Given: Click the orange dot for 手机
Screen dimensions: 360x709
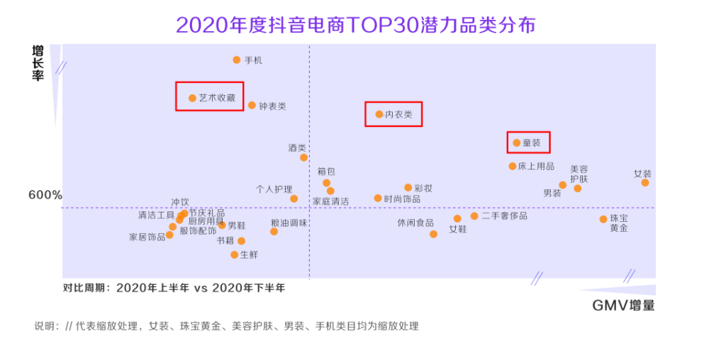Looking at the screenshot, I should pos(237,60).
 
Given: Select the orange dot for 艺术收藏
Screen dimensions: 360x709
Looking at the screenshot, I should pos(192,98).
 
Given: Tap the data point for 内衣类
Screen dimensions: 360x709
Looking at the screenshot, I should pos(379,114).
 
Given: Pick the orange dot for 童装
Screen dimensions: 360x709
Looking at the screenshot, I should pos(517,143).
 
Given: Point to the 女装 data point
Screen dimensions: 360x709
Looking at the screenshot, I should pos(645,183).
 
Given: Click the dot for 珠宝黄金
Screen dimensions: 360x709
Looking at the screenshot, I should pos(603,220).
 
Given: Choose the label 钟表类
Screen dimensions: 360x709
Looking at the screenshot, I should pos(272,106).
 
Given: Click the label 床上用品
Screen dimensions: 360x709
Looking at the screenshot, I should pos(537,167).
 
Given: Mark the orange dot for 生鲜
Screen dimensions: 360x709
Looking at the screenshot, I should pos(234,254).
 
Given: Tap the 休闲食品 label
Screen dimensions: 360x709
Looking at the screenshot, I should pos(415,223).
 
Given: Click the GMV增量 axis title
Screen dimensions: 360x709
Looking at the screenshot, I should pos(623,305).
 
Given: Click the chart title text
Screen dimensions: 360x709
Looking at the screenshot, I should pos(355,25).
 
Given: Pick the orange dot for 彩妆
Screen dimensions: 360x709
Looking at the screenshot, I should pos(408,188).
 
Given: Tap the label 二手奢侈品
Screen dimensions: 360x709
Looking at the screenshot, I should pos(504,216).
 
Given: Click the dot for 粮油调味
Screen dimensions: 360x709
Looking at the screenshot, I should pos(274,232).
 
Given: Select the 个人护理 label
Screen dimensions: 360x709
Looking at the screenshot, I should pos(274,190).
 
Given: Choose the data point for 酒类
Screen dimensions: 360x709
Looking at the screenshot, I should pos(303,157).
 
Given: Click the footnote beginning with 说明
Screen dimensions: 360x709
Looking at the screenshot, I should pos(227,327).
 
